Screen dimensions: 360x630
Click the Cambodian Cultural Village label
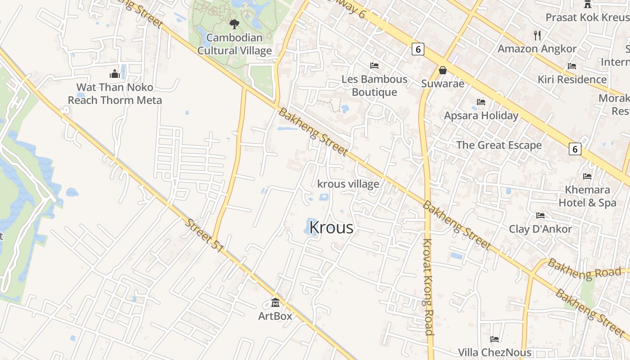(234, 44)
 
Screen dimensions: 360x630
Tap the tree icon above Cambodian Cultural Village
(234, 24)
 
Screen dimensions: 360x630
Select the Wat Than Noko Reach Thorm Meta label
(115, 94)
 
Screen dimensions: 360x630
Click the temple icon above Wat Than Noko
(115, 73)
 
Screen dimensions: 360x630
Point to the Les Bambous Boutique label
(374, 85)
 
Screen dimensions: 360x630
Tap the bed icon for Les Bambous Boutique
(374, 65)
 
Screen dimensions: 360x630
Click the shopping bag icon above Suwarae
(443, 70)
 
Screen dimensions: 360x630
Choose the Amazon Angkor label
(537, 49)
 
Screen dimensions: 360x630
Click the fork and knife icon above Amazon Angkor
(537, 35)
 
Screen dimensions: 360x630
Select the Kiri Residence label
(572, 80)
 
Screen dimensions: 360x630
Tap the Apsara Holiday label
(481, 116)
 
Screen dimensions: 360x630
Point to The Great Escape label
(499, 145)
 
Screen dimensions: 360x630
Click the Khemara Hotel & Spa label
(587, 196)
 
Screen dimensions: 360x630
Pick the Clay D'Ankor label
(540, 229)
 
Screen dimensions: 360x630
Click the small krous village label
(348, 184)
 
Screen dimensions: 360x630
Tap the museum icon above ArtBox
(275, 303)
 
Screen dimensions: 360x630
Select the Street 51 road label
(205, 235)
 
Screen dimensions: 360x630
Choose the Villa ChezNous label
(495, 352)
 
